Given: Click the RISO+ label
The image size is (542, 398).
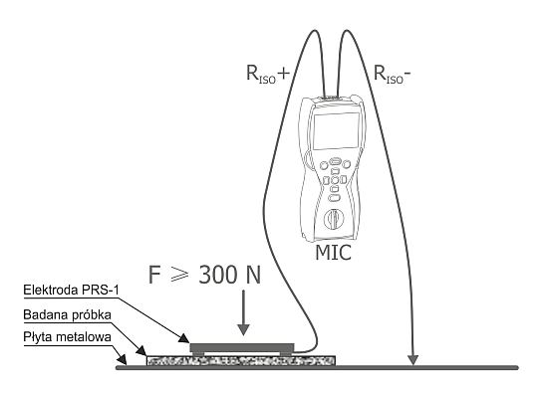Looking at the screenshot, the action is [268, 74].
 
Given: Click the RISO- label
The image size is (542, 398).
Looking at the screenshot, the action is [393, 74].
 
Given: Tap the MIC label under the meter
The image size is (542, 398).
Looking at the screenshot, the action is [333, 253].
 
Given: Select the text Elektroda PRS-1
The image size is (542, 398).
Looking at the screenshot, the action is [71, 290].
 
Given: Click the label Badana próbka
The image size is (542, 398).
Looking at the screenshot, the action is [68, 314].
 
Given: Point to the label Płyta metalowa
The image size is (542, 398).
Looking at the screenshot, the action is [68, 336].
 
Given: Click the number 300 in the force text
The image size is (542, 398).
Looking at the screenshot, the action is [218, 275].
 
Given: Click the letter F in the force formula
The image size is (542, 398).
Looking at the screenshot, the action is [154, 275].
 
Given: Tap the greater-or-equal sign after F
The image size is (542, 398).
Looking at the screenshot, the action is [180, 276].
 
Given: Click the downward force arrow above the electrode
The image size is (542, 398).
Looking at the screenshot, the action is [244, 312].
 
